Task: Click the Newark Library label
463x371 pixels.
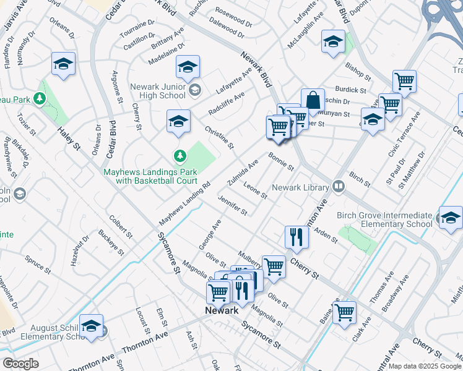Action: pos(301,187)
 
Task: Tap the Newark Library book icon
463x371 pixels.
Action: pos(338,185)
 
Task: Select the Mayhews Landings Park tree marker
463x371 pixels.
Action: pos(180,155)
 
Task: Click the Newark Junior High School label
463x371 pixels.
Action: pos(158,91)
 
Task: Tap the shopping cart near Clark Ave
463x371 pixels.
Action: pos(344,312)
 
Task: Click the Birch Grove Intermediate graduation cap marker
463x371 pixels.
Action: pos(451,218)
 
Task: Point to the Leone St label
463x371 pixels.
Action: pos(255,190)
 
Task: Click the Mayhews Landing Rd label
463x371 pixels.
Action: pos(184,203)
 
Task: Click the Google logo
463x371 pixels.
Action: pos(20,364)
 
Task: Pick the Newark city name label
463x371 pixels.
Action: pos(222,310)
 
